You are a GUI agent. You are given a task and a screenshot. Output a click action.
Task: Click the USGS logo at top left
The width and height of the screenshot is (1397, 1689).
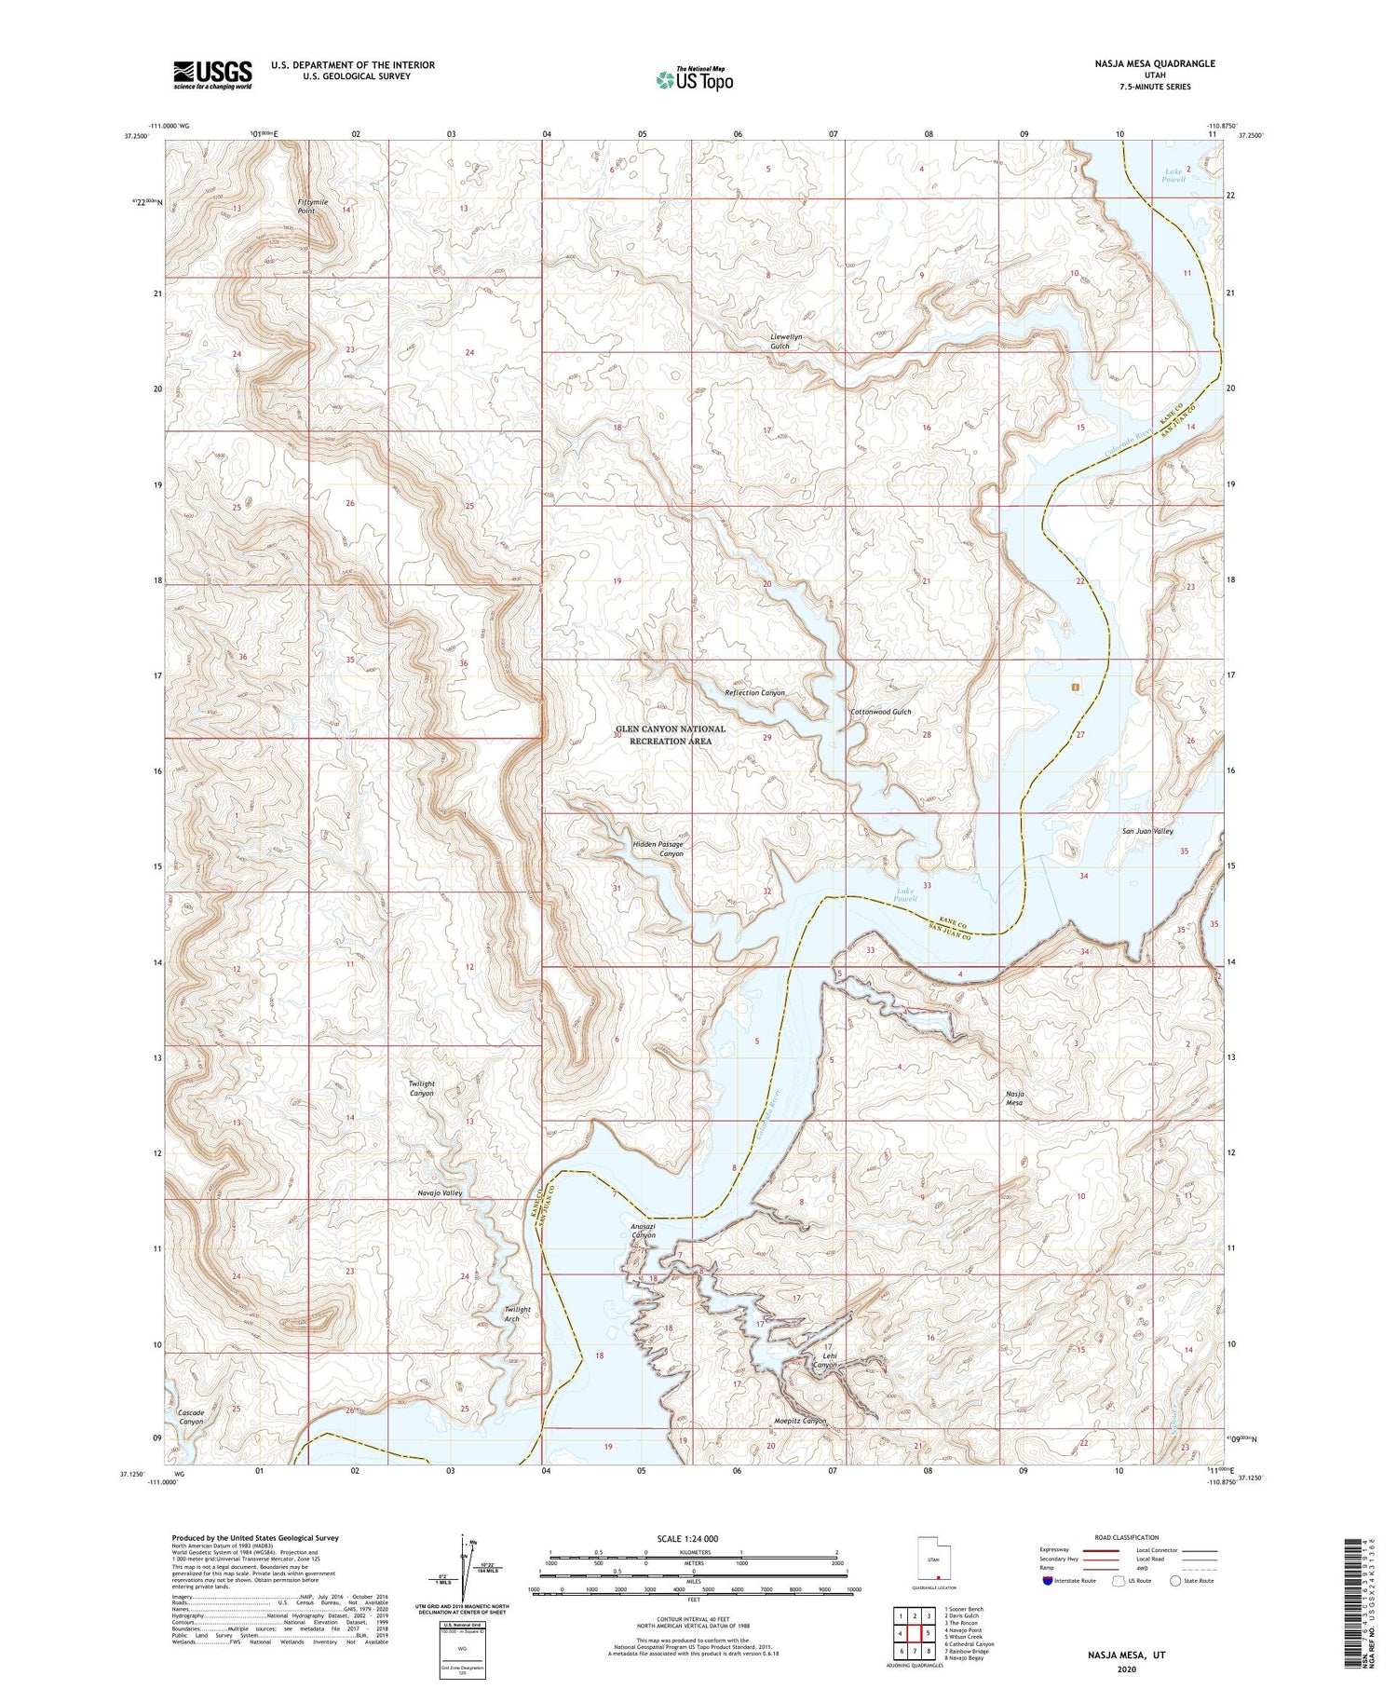click(x=212, y=75)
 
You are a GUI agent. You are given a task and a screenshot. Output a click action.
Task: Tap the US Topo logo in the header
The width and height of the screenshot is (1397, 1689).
click(x=694, y=80)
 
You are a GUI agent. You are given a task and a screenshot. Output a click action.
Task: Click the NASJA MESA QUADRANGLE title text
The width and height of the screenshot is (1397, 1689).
click(x=1155, y=63)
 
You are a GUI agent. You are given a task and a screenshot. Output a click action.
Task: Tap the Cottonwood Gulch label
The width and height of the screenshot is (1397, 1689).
click(x=880, y=712)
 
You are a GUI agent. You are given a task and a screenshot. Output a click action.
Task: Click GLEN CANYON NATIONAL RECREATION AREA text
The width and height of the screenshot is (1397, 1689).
click(x=670, y=735)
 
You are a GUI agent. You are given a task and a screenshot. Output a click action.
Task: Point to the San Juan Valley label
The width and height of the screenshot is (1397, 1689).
click(x=1146, y=831)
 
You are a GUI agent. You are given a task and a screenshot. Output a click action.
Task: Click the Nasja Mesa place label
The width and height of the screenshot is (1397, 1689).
click(x=1014, y=1097)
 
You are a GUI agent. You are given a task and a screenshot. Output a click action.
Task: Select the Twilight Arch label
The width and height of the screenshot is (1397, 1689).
click(x=517, y=1314)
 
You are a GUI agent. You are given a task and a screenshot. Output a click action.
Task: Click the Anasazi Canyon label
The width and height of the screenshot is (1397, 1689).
click(x=644, y=1231)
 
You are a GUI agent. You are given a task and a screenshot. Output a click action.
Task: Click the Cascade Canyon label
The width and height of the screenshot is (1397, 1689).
click(x=191, y=1417)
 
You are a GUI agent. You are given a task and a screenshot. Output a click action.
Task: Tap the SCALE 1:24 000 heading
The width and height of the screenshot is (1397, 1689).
click(x=693, y=1538)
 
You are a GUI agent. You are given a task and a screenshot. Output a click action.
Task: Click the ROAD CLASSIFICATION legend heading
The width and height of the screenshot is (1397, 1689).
click(x=1126, y=1537)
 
